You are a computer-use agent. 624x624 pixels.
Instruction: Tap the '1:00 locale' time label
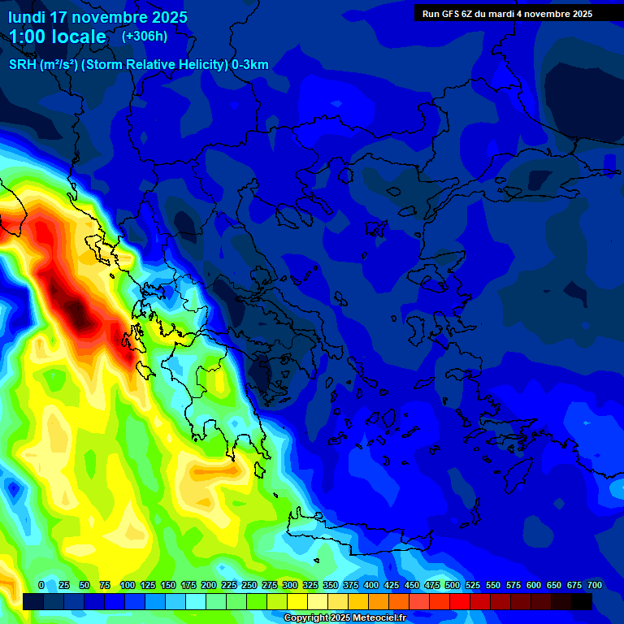[x=58, y=37]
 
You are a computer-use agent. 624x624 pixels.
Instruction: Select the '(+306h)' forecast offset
[x=145, y=36]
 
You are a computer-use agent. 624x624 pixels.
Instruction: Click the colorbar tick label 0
[x=41, y=585]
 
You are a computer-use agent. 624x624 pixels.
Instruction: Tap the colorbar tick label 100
[x=128, y=585]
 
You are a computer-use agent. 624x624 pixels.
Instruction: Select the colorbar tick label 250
[x=249, y=585]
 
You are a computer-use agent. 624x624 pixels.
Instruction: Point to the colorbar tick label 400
[x=371, y=585]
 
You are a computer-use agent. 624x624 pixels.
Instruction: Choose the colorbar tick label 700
[x=594, y=585]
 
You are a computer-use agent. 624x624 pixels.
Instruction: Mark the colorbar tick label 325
[x=310, y=585]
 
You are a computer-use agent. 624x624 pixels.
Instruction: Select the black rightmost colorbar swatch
[x=582, y=601]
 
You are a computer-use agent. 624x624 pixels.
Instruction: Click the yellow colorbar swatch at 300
[x=297, y=601]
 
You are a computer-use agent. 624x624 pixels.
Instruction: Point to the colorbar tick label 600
[x=534, y=585]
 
